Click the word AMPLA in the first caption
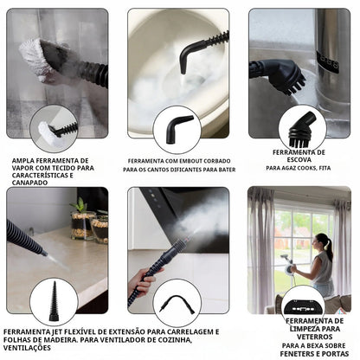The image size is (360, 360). [x=24, y=161]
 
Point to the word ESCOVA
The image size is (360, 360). [x=299, y=161]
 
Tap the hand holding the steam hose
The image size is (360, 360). [x=144, y=280]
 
